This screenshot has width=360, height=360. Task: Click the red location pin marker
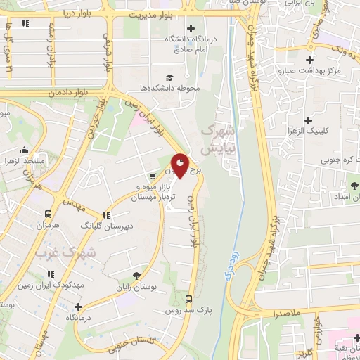(x=181, y=165)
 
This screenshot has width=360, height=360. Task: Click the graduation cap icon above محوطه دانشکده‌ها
(x=169, y=77)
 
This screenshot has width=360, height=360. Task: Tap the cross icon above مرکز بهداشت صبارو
(x=309, y=60)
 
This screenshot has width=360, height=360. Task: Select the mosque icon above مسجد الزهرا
(x=25, y=150)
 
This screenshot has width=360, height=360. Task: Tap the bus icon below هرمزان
(x=48, y=214)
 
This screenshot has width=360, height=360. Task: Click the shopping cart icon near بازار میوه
(x=152, y=176)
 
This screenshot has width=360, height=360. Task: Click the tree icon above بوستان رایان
(x=135, y=276)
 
